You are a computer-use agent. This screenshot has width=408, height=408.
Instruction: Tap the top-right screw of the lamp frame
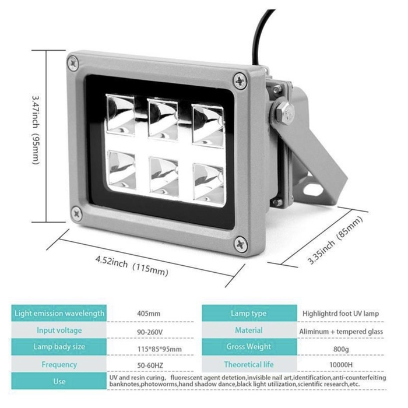[240, 80]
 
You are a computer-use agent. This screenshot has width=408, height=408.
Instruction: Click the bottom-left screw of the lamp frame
[75, 213]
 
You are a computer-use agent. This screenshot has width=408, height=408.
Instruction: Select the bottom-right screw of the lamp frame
[238, 244]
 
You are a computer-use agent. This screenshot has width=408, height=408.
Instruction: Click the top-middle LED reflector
[163, 117]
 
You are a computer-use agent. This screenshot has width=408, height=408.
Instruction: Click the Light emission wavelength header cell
[59, 313]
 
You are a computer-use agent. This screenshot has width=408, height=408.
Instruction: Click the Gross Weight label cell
[248, 347]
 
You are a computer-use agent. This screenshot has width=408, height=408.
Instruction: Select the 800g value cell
[340, 347]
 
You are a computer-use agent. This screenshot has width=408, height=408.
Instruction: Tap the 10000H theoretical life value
[340, 364]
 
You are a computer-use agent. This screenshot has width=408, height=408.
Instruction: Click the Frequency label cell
[59, 364]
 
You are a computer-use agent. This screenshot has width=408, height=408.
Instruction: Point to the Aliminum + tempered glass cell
[340, 330]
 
